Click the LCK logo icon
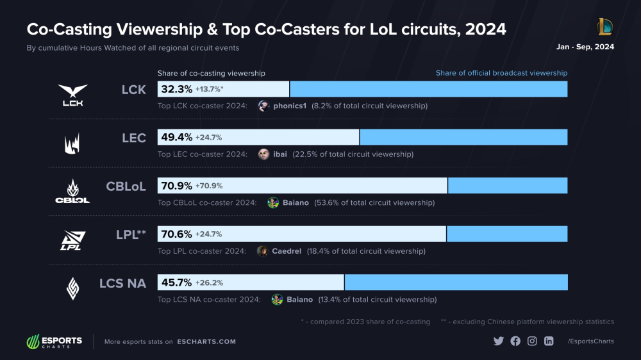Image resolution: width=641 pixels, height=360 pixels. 72,95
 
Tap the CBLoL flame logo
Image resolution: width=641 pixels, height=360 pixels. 72,191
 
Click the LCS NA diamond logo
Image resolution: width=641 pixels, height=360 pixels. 72,288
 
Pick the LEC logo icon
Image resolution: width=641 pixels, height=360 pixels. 72,143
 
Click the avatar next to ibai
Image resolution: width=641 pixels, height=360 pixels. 263,154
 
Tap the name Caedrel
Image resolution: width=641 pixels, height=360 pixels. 287,251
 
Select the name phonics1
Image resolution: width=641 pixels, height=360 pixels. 290,106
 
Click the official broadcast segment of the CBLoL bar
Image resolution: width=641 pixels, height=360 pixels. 507,186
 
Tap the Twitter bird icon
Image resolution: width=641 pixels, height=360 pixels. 499,341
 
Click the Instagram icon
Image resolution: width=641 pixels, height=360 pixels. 532,341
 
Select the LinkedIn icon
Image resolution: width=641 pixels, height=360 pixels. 549,341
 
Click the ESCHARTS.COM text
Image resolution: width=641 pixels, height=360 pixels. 206,341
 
